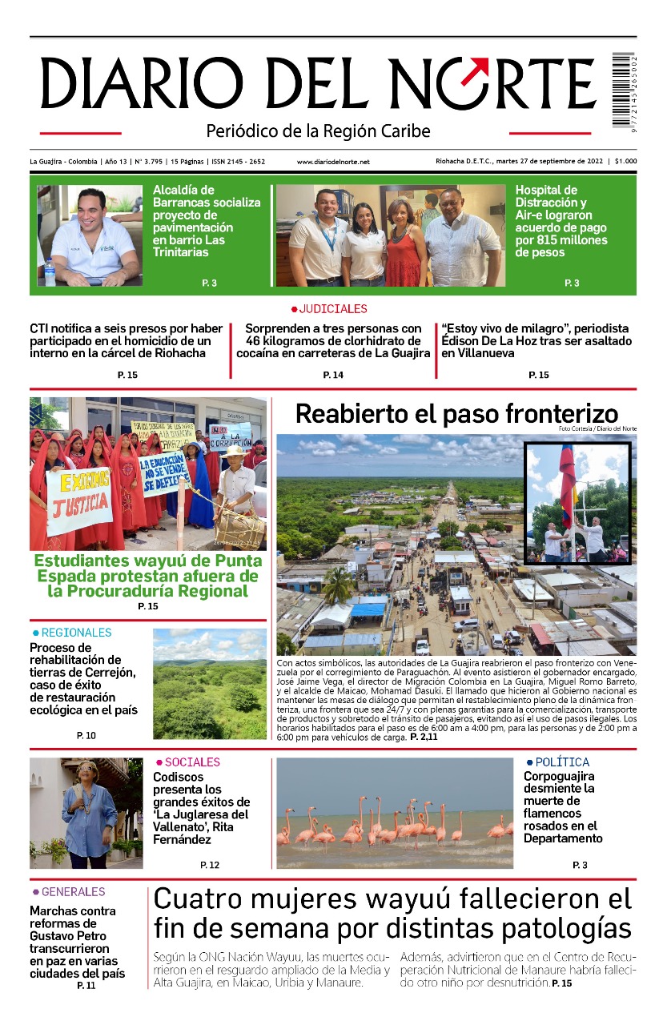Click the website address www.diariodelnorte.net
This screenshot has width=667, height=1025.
tap(333, 162)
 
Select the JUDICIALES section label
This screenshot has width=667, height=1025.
tap(333, 309)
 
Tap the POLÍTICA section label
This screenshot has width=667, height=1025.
tap(561, 762)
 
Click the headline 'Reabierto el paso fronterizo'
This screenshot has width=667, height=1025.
tap(456, 414)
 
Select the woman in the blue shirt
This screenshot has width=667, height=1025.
tap(88, 817)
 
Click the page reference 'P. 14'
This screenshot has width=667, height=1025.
tap(333, 375)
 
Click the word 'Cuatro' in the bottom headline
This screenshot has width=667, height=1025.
tap(201, 898)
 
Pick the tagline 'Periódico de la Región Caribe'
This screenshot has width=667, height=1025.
tap(318, 131)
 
